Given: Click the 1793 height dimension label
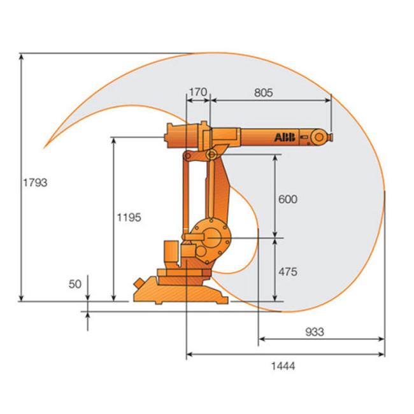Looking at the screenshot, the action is click(x=35, y=183).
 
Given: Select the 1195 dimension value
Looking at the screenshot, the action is click(x=129, y=218).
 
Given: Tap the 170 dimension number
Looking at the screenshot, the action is click(x=198, y=92).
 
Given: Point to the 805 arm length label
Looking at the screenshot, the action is click(x=264, y=93).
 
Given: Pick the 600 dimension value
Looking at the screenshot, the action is click(x=288, y=199).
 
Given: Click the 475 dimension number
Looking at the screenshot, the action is click(x=288, y=272).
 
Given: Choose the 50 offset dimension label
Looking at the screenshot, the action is click(x=75, y=284).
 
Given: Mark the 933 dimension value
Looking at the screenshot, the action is click(x=315, y=332).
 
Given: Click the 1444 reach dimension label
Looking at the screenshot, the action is click(x=283, y=366).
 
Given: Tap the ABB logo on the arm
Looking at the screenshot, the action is click(x=285, y=138).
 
